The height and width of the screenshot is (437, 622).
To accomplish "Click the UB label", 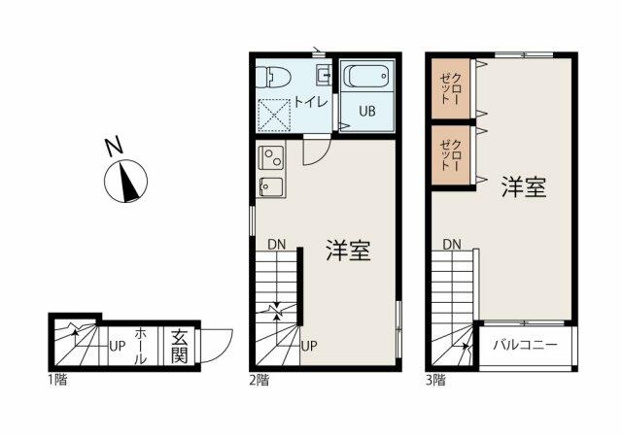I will pyautogui.click(x=367, y=111).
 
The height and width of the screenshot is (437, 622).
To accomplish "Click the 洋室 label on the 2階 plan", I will pyautogui.click(x=348, y=252).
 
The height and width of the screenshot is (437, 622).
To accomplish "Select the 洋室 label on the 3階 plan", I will pyautogui.click(x=523, y=187).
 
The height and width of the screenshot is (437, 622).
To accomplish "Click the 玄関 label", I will pyautogui.click(x=180, y=345).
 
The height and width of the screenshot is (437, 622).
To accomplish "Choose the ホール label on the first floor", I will pyautogui.click(x=141, y=345).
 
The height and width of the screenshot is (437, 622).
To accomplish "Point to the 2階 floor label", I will pyautogui.click(x=258, y=379).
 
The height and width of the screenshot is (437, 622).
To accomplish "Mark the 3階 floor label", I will pyautogui.click(x=434, y=379).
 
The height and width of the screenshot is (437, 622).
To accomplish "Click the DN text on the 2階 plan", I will pyautogui.click(x=277, y=244).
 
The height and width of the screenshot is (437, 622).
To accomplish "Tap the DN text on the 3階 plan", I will pyautogui.click(x=452, y=244).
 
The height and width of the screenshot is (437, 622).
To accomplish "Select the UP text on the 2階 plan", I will pyautogui.click(x=309, y=345).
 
